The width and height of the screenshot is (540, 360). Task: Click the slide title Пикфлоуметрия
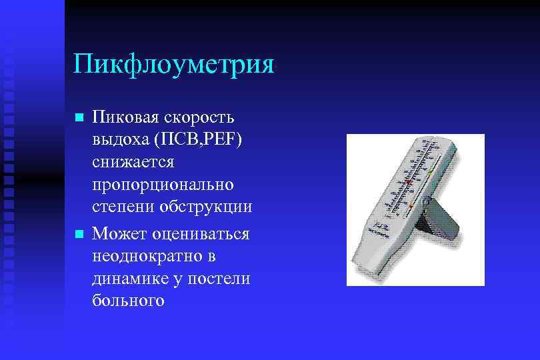tap(174, 64)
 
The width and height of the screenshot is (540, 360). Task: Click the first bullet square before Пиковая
tap(79, 118)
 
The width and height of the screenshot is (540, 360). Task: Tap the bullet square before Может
tap(79, 234)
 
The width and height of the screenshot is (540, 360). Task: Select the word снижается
tap(133, 162)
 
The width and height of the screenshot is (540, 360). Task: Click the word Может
tap(119, 233)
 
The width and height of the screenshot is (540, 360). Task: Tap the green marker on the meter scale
tap(431, 172)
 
